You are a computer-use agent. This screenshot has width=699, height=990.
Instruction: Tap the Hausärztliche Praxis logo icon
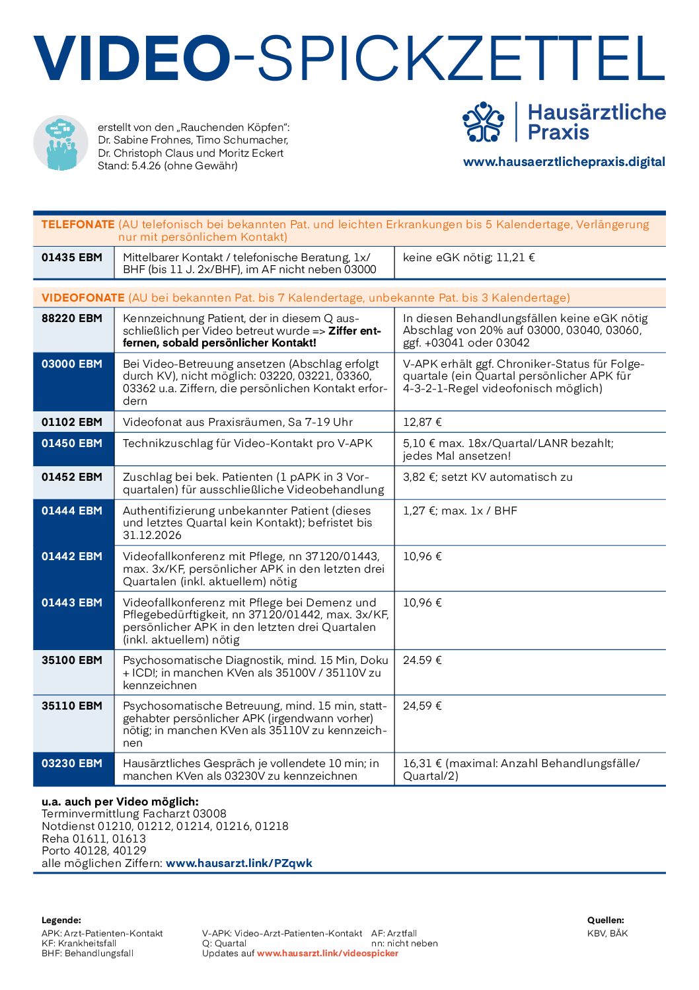[484, 122]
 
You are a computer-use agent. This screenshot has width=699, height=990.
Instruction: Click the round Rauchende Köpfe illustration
[61, 143]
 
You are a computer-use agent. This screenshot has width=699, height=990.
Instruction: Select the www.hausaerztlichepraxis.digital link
[564, 162]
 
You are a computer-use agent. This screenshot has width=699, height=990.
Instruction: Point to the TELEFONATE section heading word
[78, 225]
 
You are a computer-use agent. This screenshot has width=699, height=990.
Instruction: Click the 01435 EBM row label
[72, 257]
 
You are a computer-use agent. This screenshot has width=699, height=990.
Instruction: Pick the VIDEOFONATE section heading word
[83, 298]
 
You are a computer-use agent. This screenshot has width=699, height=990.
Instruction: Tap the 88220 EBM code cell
[72, 318]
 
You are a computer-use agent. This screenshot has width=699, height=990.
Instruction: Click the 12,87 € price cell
[423, 422]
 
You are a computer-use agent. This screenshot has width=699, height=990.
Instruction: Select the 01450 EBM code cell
[72, 443]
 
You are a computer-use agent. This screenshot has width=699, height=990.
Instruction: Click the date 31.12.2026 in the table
[152, 535]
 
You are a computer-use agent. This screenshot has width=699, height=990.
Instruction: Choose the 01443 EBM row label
[72, 602]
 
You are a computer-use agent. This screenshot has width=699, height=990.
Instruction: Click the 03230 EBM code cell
[72, 763]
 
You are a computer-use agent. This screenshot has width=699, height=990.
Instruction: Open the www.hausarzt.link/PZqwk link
[239, 863]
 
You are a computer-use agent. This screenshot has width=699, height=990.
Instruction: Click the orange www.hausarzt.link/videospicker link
[328, 953]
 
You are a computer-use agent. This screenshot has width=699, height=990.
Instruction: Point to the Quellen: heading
[605, 920]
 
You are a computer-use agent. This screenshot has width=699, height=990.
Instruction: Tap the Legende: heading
[61, 920]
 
